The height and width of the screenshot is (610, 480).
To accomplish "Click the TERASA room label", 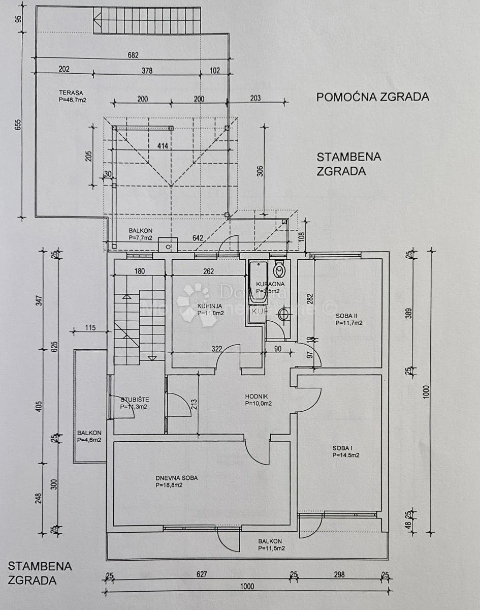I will (x=71, y=93).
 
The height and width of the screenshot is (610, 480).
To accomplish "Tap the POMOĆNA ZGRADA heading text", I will (x=372, y=97).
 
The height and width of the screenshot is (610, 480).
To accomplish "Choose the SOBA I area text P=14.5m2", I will (x=346, y=455).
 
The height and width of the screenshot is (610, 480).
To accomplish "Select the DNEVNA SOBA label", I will (x=176, y=478).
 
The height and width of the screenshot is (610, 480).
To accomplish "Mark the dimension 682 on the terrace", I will (x=133, y=56).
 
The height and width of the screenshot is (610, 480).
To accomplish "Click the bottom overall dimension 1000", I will (x=247, y=586).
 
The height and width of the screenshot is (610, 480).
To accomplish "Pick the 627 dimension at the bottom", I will (x=202, y=575).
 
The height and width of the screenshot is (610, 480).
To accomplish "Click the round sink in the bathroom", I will (x=282, y=315).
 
